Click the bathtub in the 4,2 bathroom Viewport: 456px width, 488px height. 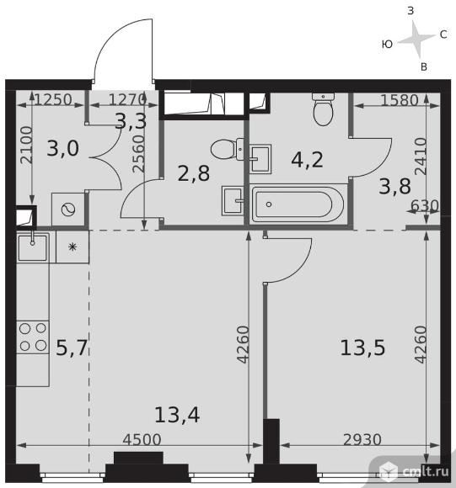click(x=298, y=204)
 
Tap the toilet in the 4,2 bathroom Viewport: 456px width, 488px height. click(x=323, y=109)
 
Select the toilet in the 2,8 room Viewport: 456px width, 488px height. click(x=228, y=149)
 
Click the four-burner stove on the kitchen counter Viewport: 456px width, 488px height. click(x=33, y=337)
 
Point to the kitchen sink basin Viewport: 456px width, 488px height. click(x=32, y=247)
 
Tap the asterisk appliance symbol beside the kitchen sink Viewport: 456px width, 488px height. click(x=72, y=247)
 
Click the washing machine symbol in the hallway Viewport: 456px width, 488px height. click(x=68, y=210)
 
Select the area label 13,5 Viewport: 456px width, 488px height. click(x=362, y=347)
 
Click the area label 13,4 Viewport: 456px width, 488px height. click(x=177, y=415)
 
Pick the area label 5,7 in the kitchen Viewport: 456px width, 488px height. click(x=72, y=347)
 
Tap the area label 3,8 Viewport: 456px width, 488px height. click(x=395, y=187)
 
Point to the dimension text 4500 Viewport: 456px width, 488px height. click(x=142, y=439)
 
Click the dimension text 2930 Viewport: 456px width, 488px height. click(x=362, y=439)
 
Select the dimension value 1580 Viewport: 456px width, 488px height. click(x=400, y=100)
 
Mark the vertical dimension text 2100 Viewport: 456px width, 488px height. click(x=26, y=145)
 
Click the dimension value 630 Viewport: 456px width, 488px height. click(x=425, y=206)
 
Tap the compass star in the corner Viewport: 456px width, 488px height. click(x=416, y=39)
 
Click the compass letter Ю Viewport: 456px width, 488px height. click(x=387, y=45)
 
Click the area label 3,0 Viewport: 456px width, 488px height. click(x=62, y=148)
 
